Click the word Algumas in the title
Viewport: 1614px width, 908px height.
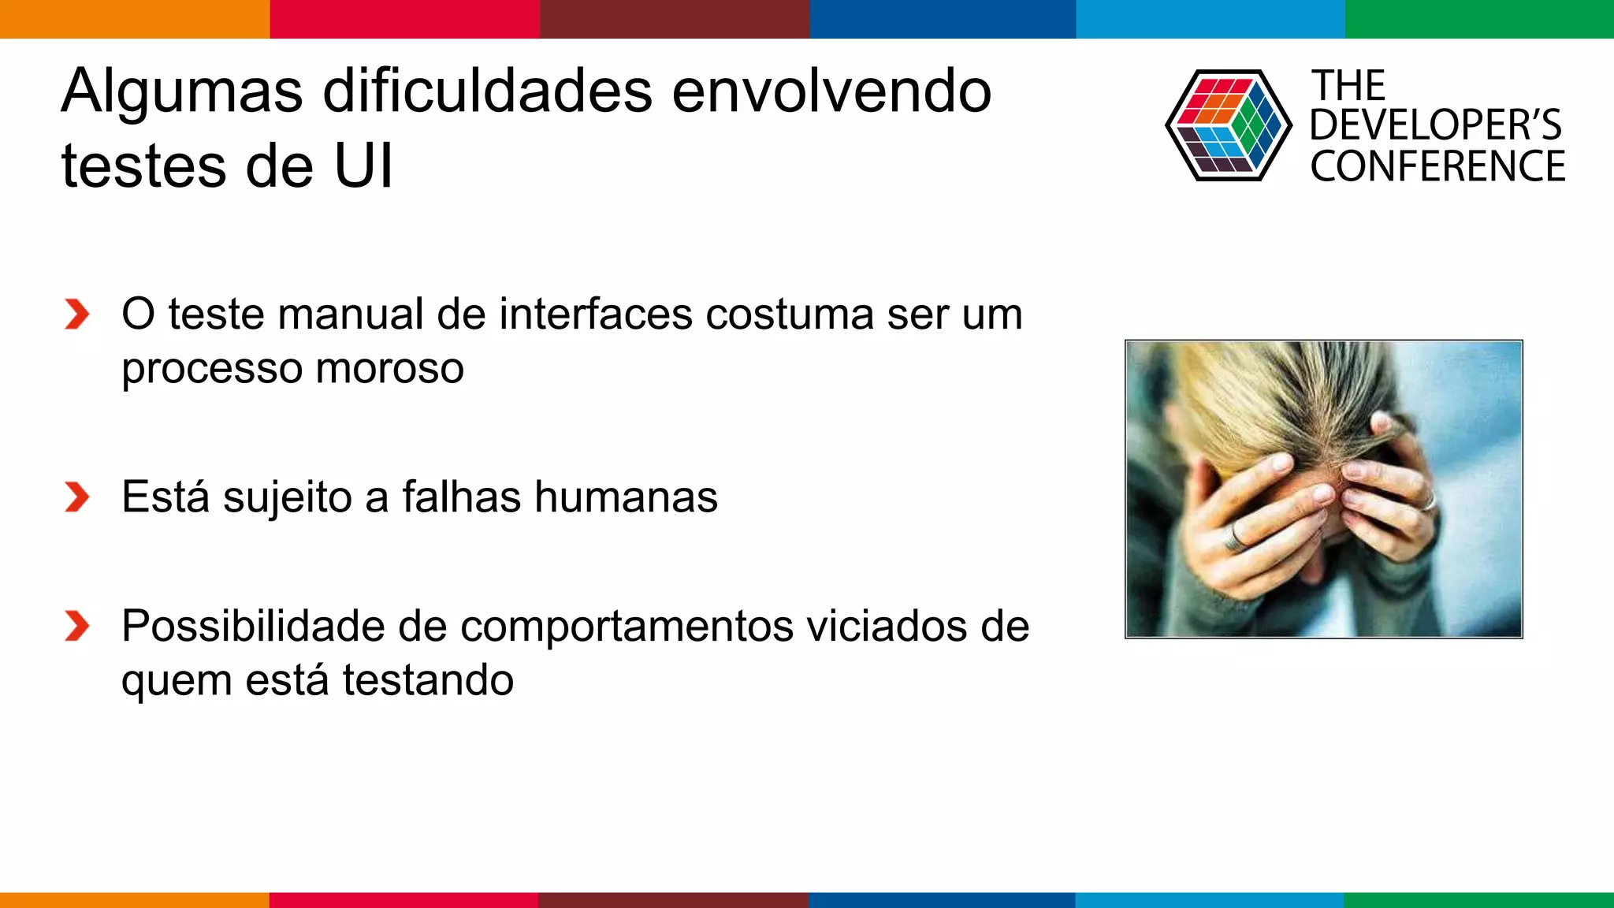coord(181,93)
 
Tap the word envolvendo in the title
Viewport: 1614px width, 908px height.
coord(831,91)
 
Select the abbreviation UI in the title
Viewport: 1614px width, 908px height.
coord(363,167)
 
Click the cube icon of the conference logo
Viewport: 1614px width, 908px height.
coord(1228,125)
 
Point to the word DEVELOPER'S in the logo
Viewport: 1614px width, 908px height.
coord(1435,125)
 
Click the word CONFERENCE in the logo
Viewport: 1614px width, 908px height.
coord(1437,167)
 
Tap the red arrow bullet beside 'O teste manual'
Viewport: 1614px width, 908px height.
coord(76,314)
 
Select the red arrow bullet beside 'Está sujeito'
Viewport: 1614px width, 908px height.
coord(76,497)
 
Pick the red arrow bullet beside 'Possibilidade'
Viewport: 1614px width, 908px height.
coord(76,627)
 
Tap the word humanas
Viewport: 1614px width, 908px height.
coord(626,497)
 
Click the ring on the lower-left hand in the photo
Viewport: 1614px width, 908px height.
coord(1234,538)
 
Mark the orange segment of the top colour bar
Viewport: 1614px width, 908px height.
coord(134,19)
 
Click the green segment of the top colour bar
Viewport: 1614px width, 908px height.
coord(1478,19)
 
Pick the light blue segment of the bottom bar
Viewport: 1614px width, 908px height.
coord(1209,899)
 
